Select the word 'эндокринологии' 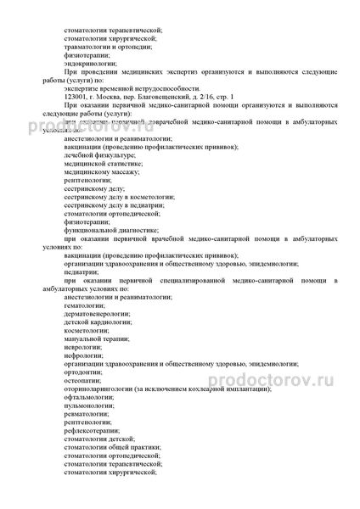coord(89,62)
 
